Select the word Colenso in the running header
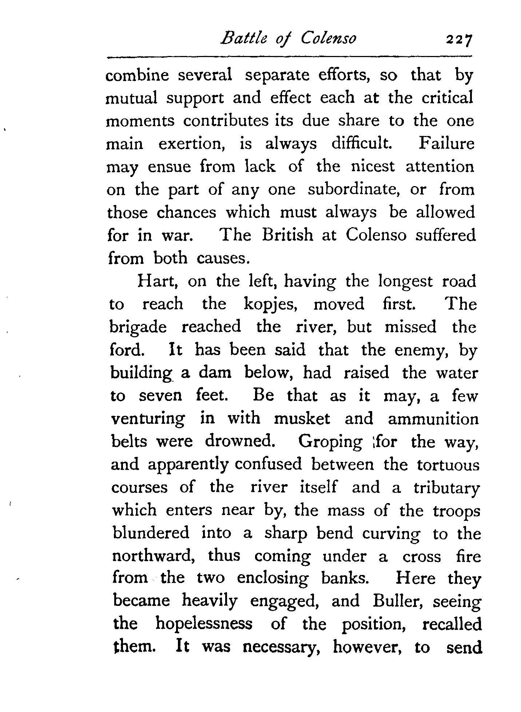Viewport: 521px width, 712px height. point(329,38)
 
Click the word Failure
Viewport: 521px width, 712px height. point(446,144)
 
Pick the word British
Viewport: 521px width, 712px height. point(287,235)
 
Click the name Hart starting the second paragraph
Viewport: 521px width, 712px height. point(157,282)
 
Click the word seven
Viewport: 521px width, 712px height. point(160,396)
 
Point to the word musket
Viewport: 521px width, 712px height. point(302,419)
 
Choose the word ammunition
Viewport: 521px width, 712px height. point(433,419)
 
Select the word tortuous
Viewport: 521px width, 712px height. point(448,465)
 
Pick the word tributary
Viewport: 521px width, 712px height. point(446,488)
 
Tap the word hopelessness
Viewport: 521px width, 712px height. point(204,625)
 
